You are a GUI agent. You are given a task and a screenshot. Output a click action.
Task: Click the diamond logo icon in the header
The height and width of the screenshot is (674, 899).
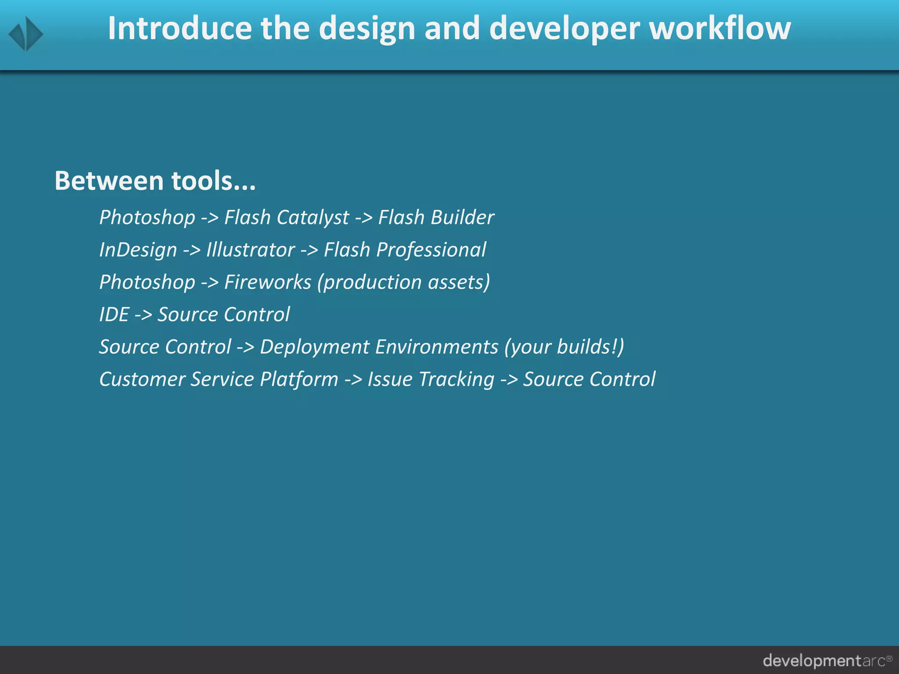[26, 34]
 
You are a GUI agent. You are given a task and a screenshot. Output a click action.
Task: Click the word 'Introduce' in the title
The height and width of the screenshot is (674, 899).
[180, 28]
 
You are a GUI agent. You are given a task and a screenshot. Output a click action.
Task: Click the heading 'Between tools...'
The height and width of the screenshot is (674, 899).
[155, 181]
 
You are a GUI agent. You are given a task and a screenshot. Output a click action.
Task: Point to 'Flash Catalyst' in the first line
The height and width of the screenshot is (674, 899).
[287, 218]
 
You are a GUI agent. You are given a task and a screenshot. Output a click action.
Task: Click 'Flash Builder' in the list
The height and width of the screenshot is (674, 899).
[436, 218]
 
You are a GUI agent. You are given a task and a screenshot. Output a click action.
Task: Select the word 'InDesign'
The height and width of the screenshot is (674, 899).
[138, 250]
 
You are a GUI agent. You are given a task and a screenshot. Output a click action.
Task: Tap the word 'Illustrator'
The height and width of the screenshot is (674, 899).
[250, 250]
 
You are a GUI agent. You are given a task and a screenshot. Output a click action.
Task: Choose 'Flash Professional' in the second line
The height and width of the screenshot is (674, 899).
[405, 250]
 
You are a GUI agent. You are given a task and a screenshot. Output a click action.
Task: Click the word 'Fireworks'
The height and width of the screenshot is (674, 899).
[267, 282]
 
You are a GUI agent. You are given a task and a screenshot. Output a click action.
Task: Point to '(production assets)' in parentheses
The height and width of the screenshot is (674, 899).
[403, 282]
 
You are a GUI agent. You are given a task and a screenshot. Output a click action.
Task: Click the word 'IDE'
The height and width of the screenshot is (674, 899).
[114, 315]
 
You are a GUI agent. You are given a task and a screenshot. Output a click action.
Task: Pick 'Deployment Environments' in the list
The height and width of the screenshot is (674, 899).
[379, 347]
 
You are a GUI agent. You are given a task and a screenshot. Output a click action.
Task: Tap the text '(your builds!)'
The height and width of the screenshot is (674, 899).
[564, 347]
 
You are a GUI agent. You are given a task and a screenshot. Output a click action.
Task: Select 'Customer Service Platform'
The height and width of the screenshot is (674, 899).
[219, 380]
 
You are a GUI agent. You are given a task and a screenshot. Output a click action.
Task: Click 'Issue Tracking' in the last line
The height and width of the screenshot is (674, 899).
[431, 380]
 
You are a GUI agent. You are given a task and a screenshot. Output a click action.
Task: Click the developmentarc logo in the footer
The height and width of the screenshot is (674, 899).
[827, 660]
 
